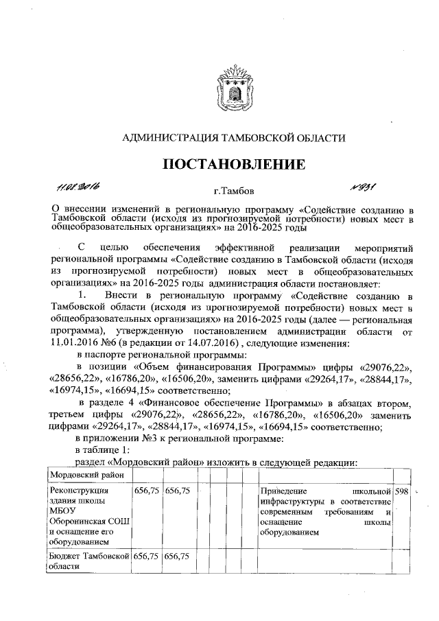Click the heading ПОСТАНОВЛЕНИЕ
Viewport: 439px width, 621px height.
233,165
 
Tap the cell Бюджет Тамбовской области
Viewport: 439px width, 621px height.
87,561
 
